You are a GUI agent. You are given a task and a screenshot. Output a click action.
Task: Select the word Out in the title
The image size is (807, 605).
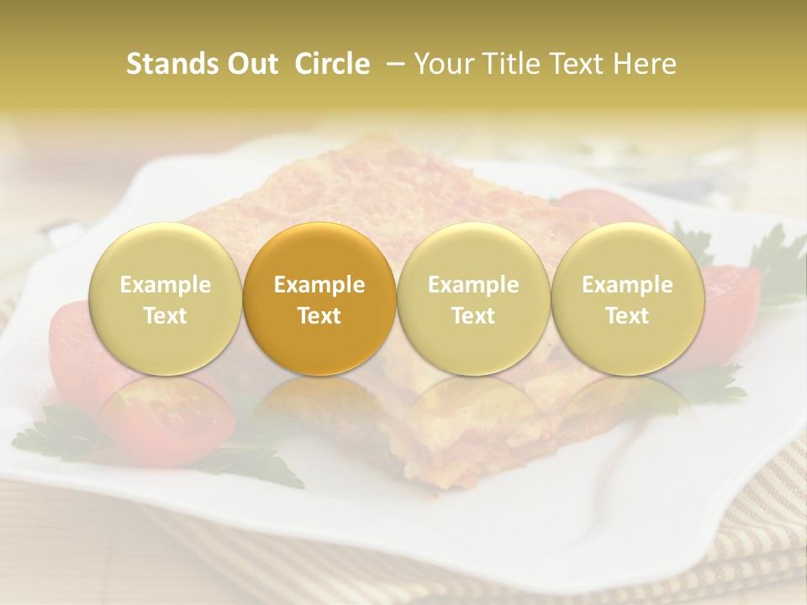(250, 64)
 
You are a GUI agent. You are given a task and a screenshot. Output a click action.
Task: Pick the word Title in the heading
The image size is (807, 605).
(517, 64)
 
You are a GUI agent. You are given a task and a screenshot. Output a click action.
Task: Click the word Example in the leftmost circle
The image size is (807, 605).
(166, 285)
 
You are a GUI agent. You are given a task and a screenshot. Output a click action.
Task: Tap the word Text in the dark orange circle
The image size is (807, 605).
(319, 316)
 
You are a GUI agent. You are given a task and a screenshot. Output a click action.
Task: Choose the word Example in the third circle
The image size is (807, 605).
(473, 285)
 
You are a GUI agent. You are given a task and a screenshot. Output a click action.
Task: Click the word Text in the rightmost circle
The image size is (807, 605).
(627, 316)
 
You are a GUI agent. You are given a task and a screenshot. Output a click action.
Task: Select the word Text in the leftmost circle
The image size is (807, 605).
(166, 316)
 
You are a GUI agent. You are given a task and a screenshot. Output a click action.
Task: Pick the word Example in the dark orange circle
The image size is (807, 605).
(319, 285)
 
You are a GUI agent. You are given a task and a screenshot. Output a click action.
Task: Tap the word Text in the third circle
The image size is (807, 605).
(473, 316)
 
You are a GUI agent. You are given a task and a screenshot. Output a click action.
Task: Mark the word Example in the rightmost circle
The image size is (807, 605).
(627, 285)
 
